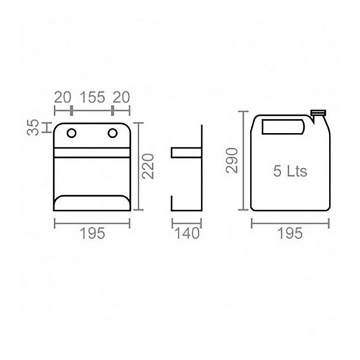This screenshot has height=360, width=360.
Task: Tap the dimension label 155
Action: [92, 97]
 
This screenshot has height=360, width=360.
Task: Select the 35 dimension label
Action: [33, 127]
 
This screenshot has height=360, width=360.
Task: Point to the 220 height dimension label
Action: [148, 166]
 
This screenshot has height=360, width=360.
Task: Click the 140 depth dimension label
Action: [187, 233]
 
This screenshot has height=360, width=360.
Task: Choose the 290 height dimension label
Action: [232, 161]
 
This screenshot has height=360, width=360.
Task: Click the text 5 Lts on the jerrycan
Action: [290, 171]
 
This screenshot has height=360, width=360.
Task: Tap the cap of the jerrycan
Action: [318, 113]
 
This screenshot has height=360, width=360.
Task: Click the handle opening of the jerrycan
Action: [283, 127]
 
